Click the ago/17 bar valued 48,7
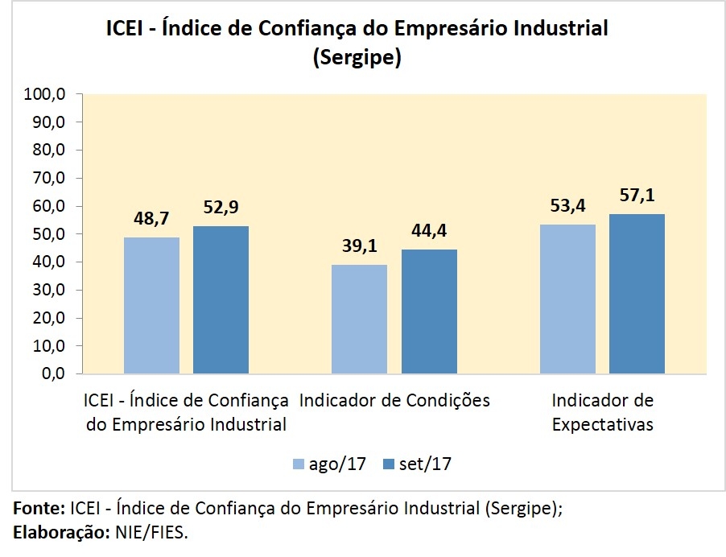pyautogui.click(x=151, y=305)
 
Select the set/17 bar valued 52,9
pyautogui.click(x=221, y=299)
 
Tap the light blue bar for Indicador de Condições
pyautogui.click(x=359, y=319)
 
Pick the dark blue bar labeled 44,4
pyautogui.click(x=429, y=312)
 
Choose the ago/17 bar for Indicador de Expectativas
pyautogui.click(x=567, y=299)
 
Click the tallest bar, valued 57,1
pyautogui.click(x=637, y=294)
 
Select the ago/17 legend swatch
pyautogui.click(x=298, y=464)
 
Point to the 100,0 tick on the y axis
pyautogui.click(x=47, y=94)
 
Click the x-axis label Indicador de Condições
pyautogui.click(x=394, y=400)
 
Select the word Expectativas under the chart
pyautogui.click(x=602, y=424)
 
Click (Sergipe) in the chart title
pyautogui.click(x=357, y=59)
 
